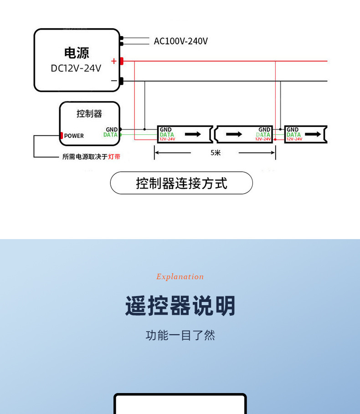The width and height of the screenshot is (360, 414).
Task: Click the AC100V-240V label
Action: [x=180, y=41]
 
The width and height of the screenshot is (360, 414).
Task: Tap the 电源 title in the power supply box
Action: [x=77, y=53]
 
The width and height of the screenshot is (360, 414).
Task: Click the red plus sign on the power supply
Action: [x=113, y=61]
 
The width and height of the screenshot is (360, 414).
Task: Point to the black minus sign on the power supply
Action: [x=113, y=81]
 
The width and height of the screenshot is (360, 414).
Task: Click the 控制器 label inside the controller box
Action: [x=89, y=113]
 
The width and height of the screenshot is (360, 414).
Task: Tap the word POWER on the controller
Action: [x=74, y=136]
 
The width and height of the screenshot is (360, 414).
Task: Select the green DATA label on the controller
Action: [x=110, y=135]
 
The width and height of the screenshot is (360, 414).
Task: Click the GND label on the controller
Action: [x=112, y=129]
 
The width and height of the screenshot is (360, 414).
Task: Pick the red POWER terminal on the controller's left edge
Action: [x=61, y=136]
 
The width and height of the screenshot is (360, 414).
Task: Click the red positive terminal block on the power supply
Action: [x=122, y=61]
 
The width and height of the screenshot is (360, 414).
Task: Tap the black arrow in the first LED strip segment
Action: [x=193, y=134]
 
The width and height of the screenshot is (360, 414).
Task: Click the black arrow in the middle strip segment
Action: [x=234, y=134]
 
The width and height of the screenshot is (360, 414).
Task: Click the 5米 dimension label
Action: [x=216, y=153]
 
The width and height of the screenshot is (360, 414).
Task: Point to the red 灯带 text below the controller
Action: [x=114, y=157]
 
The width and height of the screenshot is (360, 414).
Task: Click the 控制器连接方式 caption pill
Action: [x=181, y=183]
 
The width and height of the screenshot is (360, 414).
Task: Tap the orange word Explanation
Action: [x=180, y=276]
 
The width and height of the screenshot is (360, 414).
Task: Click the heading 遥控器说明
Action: [x=180, y=306]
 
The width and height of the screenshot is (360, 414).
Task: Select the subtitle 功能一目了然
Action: [x=180, y=335]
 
